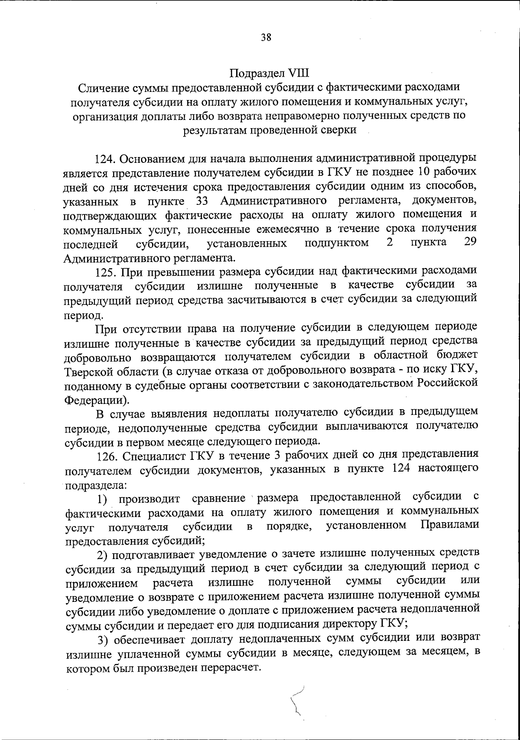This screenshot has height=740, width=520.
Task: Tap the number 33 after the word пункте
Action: (x=197, y=200)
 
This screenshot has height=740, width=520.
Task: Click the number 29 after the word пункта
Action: (x=470, y=242)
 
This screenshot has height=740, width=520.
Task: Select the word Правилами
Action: (x=450, y=525)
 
